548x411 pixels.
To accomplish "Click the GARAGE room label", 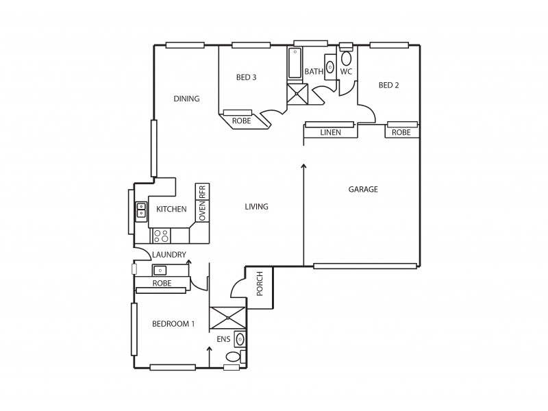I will (x=363, y=190).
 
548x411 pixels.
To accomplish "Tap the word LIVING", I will (x=256, y=207).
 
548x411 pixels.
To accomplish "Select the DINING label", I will (x=186, y=99).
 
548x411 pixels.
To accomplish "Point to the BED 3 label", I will (x=246, y=77).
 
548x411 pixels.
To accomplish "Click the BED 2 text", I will (x=388, y=86).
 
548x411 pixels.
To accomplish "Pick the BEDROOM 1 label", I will (x=173, y=325).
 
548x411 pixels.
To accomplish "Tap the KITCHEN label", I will (x=171, y=209).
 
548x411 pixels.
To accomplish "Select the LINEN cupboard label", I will (x=331, y=132).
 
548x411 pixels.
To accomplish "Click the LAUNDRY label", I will (x=169, y=255).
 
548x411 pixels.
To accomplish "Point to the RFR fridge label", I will (x=203, y=192).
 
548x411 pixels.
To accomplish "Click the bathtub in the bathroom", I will (x=295, y=64).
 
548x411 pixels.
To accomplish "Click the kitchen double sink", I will (x=141, y=210).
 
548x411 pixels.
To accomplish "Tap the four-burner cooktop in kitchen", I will (x=162, y=236).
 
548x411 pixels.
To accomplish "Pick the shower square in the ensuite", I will (x=227, y=319).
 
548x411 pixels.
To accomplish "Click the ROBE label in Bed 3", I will (x=241, y=121).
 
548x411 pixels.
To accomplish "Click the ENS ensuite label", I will (x=223, y=338).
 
